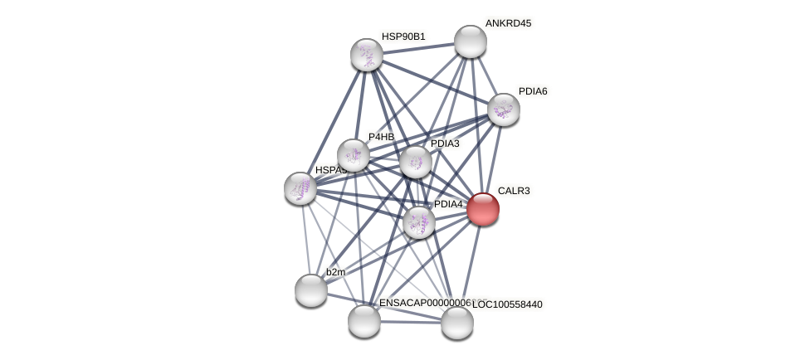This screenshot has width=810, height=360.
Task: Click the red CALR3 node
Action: (x=482, y=209)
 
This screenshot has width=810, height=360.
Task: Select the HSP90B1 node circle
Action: (x=366, y=55)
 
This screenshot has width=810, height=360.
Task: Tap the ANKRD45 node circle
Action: (x=470, y=41)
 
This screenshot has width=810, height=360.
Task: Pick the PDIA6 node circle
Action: (x=503, y=109)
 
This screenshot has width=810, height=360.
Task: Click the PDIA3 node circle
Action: (x=415, y=162)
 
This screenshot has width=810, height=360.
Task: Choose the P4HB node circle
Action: (x=353, y=155)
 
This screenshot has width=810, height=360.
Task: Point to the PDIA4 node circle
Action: (x=418, y=222)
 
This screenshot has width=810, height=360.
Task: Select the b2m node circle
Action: (x=310, y=290)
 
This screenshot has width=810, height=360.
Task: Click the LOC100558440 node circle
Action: (x=456, y=323)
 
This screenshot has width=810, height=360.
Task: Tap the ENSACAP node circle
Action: (x=364, y=321)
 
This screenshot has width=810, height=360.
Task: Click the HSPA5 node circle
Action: (x=300, y=188)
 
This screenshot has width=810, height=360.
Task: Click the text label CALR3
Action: (x=514, y=191)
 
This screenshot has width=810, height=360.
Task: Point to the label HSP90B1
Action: (x=403, y=36)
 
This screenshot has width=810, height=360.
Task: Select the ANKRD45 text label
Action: (x=508, y=23)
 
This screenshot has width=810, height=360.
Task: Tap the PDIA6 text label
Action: (x=533, y=91)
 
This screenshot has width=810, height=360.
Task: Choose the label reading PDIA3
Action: (x=445, y=144)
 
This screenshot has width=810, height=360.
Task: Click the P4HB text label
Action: (x=382, y=137)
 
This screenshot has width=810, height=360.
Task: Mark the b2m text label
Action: (x=335, y=272)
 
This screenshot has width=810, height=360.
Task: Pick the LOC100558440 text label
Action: (x=507, y=304)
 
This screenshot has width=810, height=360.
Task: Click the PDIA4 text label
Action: (x=448, y=204)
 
